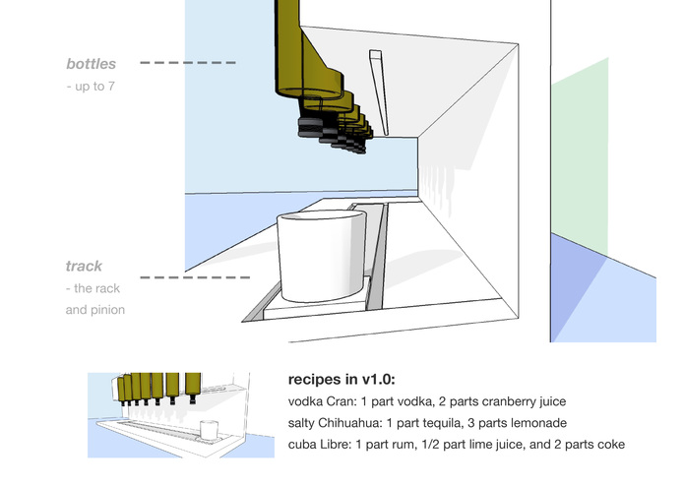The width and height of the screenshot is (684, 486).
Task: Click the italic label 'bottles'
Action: tap(91, 64)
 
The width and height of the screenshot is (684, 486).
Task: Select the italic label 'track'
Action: tap(84, 267)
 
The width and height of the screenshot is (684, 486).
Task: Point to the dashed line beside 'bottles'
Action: tap(187, 63)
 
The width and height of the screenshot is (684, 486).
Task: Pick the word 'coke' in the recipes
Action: tap(608, 445)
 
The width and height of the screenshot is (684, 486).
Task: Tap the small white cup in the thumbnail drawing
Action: tap(208, 430)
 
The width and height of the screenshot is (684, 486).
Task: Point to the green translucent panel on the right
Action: tap(580, 157)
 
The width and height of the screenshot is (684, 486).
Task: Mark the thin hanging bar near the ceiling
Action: tap(381, 93)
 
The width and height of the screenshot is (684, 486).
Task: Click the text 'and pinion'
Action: tap(95, 310)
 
